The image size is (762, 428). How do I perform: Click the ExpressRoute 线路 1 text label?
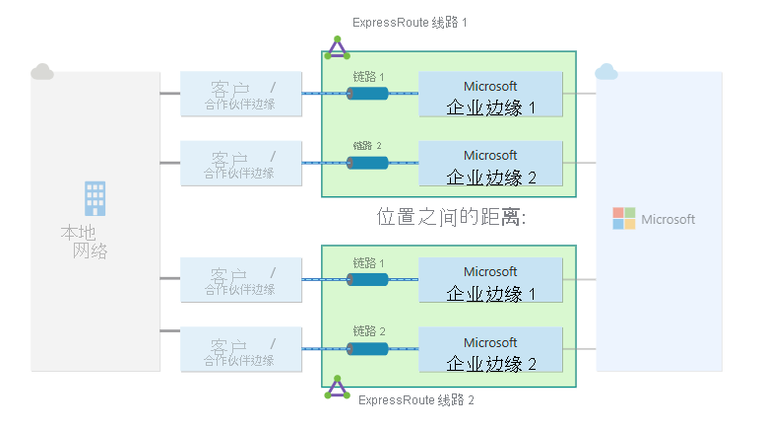tap(409, 22)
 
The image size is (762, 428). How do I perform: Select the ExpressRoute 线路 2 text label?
tap(416, 400)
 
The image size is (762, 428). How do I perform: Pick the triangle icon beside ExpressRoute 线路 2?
tap(338, 388)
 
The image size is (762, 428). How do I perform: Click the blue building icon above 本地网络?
tap(95, 198)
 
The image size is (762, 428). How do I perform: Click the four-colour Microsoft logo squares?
tap(624, 218)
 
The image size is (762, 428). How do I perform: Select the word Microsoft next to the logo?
tap(667, 219)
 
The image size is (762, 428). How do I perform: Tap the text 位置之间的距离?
tap(452, 218)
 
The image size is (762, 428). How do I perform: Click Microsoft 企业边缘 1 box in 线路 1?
tap(490, 96)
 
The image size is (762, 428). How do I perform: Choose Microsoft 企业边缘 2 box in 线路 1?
tap(490, 165)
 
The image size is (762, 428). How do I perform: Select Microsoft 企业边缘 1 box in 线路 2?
tap(490, 281)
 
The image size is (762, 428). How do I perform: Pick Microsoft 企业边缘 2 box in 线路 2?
tap(490, 351)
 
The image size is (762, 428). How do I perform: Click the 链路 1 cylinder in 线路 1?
tap(367, 94)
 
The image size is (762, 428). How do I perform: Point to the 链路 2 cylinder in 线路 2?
tap(367, 349)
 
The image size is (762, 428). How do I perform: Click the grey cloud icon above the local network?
tap(41, 71)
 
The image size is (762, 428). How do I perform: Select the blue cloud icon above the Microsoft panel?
tap(606, 71)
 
